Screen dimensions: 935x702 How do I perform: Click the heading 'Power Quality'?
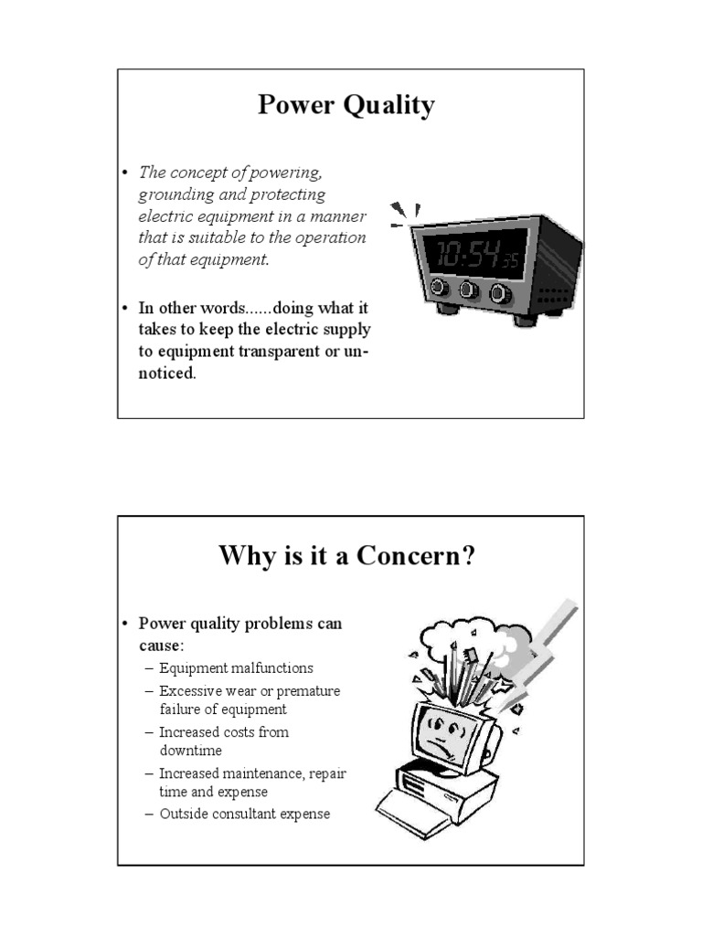[346, 106]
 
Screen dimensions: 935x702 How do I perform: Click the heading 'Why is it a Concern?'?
[347, 555]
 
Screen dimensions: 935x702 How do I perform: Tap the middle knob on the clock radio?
[469, 290]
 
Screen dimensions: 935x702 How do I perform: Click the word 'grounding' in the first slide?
[177, 194]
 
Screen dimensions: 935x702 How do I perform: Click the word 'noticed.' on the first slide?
[167, 374]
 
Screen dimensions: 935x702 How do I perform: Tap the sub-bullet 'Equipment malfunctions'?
[236, 668]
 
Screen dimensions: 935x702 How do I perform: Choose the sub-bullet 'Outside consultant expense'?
[244, 814]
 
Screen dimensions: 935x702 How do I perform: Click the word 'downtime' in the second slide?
[190, 751]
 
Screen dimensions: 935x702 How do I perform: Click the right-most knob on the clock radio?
[500, 294]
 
